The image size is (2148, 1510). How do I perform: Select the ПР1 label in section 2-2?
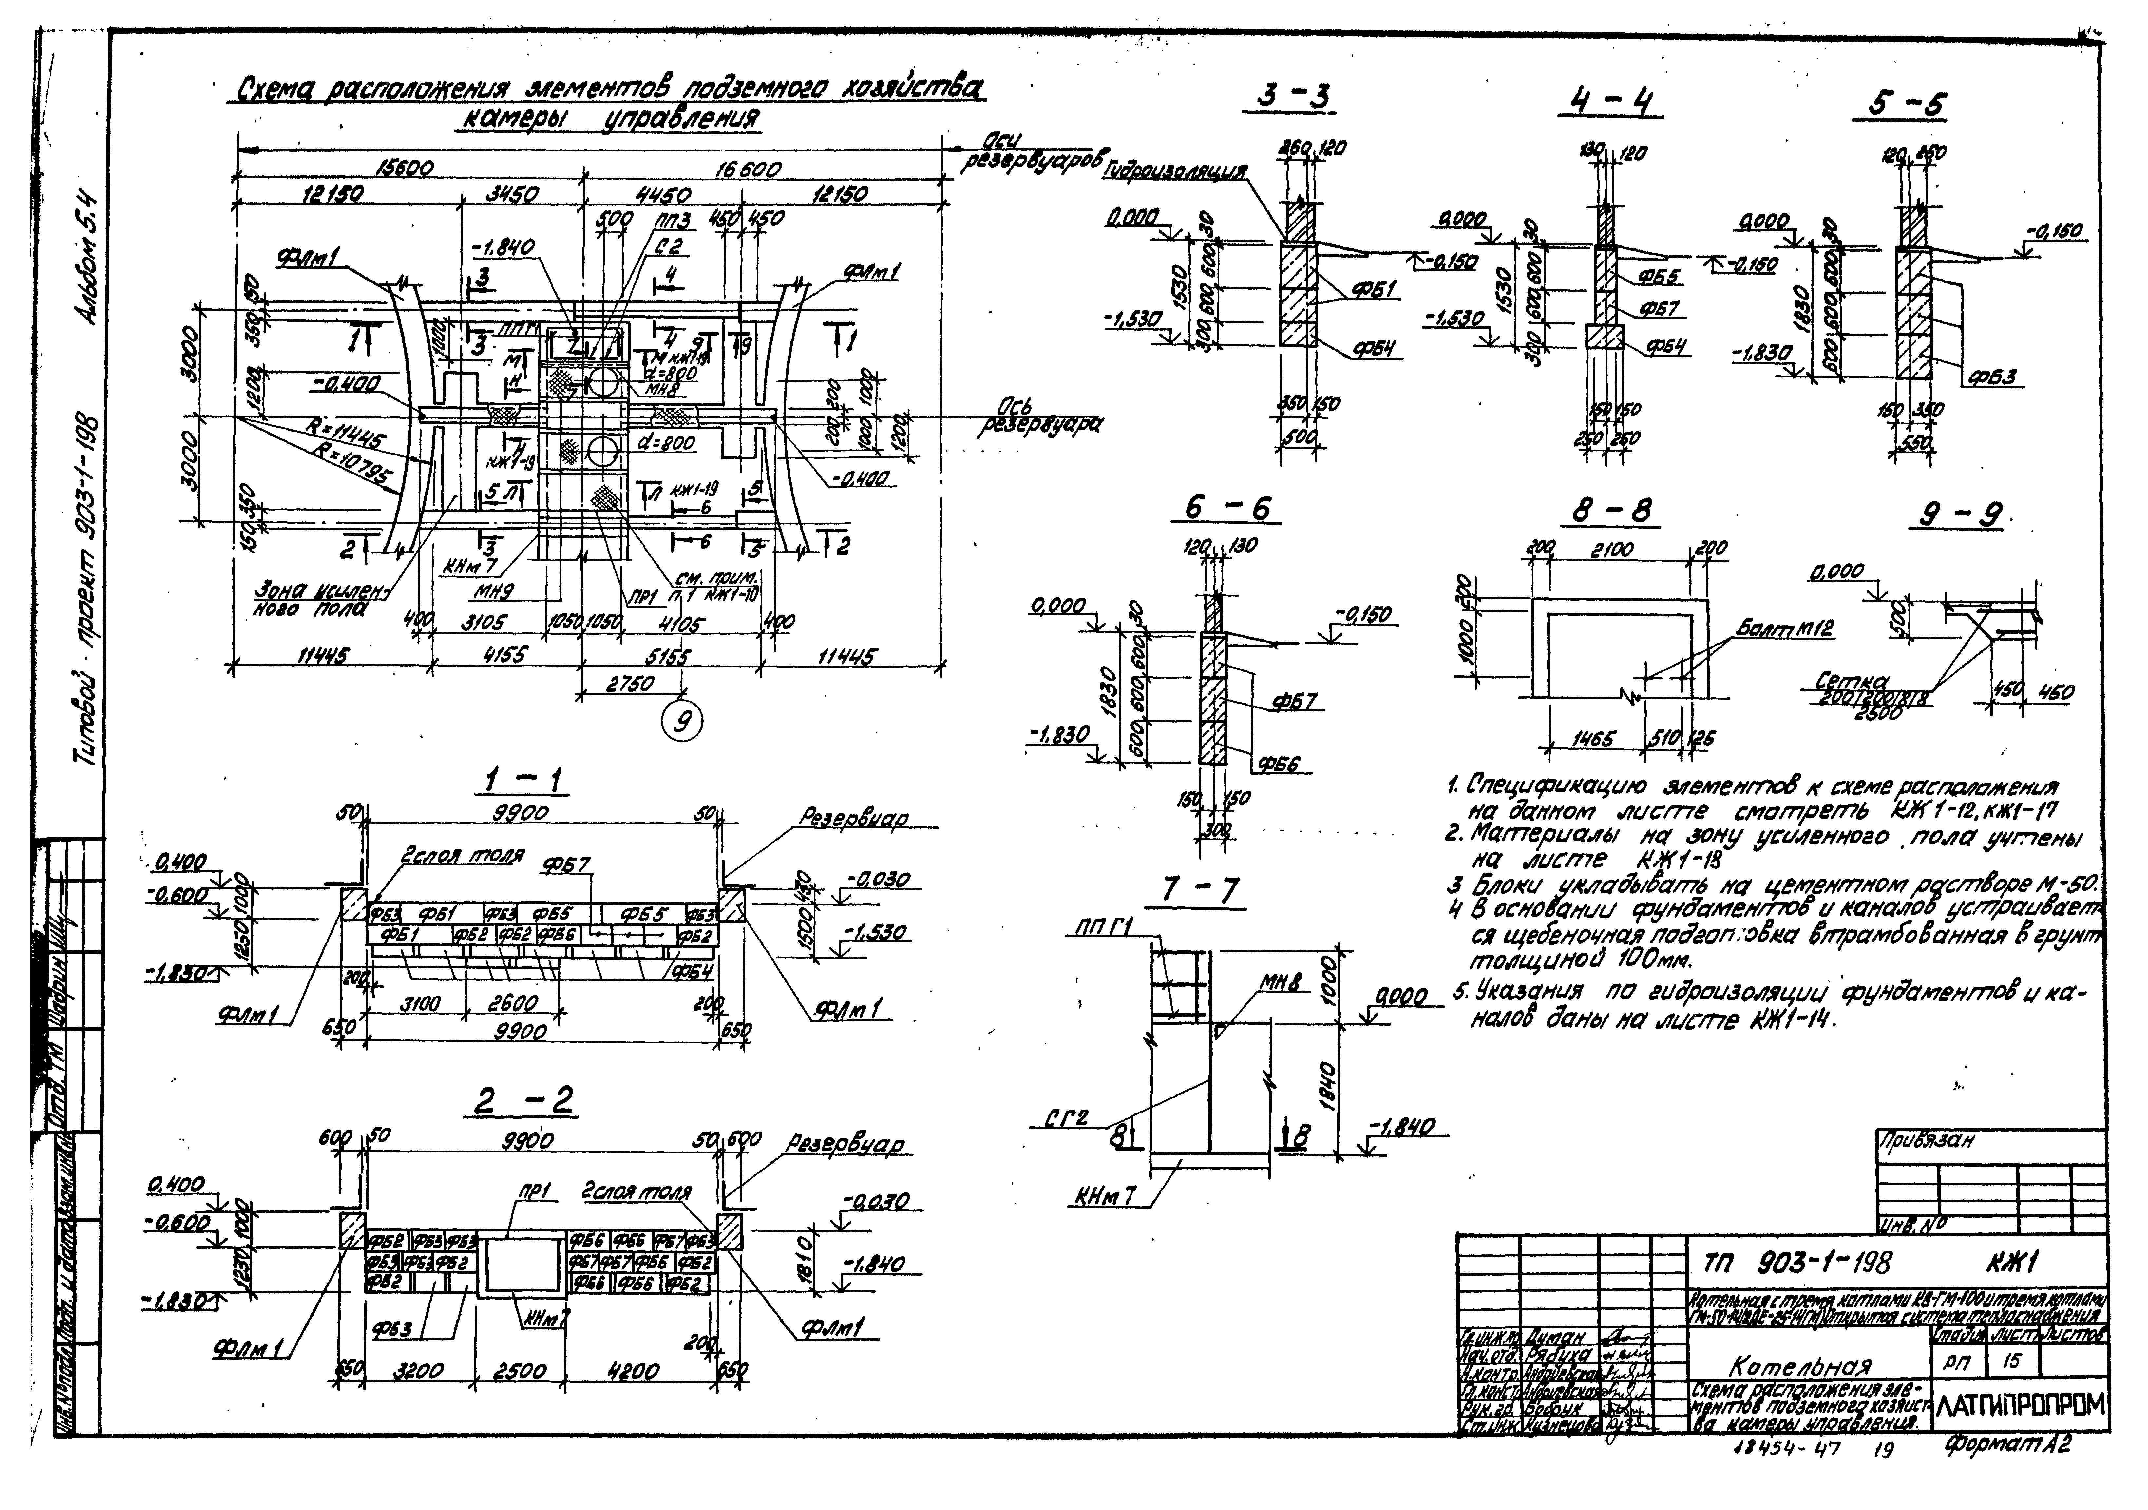point(537,1193)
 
